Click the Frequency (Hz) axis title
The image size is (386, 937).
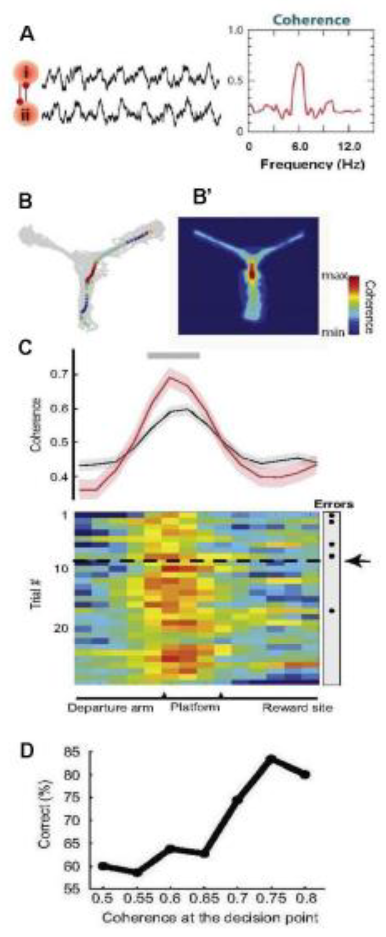coord(312,165)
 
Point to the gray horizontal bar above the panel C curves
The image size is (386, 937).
coord(174,355)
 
